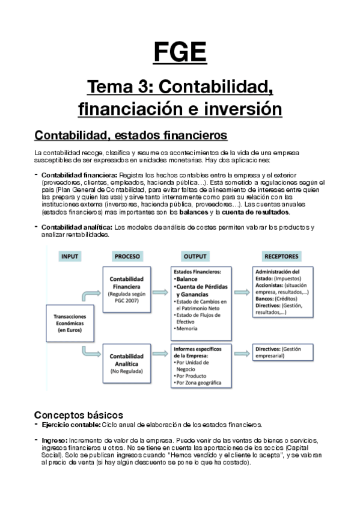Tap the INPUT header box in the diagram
point(70,256)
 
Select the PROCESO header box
point(127,256)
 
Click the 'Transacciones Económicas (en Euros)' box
point(70,323)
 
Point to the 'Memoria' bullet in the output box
point(189,328)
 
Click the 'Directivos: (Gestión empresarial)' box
point(282,352)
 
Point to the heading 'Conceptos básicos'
point(78,415)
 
